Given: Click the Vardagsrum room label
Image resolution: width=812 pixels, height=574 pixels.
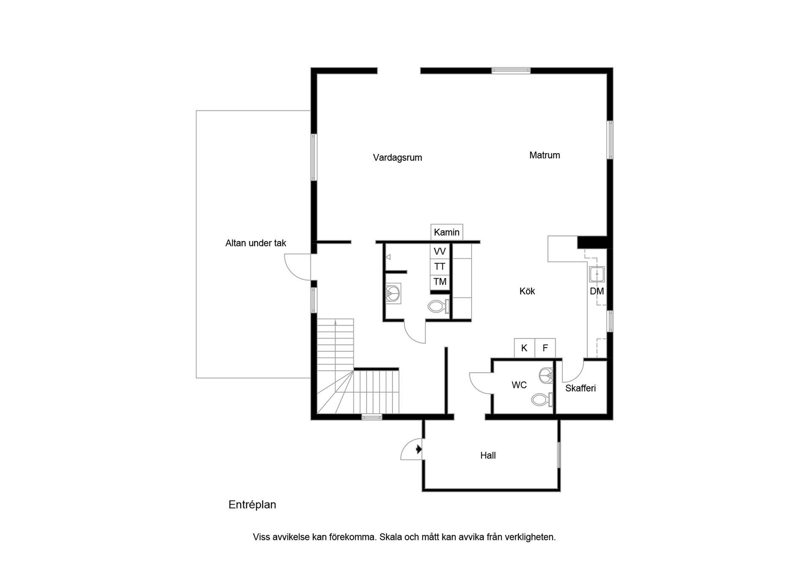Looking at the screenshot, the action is coord(397,158).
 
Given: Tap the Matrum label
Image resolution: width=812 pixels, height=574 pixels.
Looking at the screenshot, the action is coord(544,155).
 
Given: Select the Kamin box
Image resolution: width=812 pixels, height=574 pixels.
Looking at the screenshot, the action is coord(447,232).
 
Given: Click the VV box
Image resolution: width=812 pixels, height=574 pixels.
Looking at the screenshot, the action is coord(440,251).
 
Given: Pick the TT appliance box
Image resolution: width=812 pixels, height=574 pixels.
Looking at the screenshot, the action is coord(440,266).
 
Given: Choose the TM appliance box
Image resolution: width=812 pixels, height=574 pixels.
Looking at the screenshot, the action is coord(440,282).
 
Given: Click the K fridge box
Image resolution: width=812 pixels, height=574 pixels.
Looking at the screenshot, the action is coord(524,348).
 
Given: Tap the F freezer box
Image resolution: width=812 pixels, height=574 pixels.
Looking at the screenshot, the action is coord(545,348).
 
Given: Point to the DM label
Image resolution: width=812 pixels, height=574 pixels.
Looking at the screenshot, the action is coord(597,291).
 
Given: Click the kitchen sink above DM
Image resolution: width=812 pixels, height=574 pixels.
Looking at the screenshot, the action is coord(597,274).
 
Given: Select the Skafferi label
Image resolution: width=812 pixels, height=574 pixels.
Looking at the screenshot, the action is coord(580,388).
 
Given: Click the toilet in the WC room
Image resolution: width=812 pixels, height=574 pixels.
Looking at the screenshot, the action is coord(542,399).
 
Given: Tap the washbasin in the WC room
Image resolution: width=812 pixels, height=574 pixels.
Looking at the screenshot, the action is coord(546,375).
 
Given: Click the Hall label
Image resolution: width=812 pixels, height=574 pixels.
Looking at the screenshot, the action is coord(488,456).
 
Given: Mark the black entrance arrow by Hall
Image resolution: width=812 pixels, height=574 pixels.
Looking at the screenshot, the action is coord(419,449).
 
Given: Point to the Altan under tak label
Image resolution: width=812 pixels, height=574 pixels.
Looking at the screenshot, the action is coord(255,243).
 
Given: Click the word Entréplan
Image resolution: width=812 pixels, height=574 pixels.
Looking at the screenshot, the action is coord(252,505).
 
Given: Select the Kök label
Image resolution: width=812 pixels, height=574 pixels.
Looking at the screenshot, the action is coord(527,291).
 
